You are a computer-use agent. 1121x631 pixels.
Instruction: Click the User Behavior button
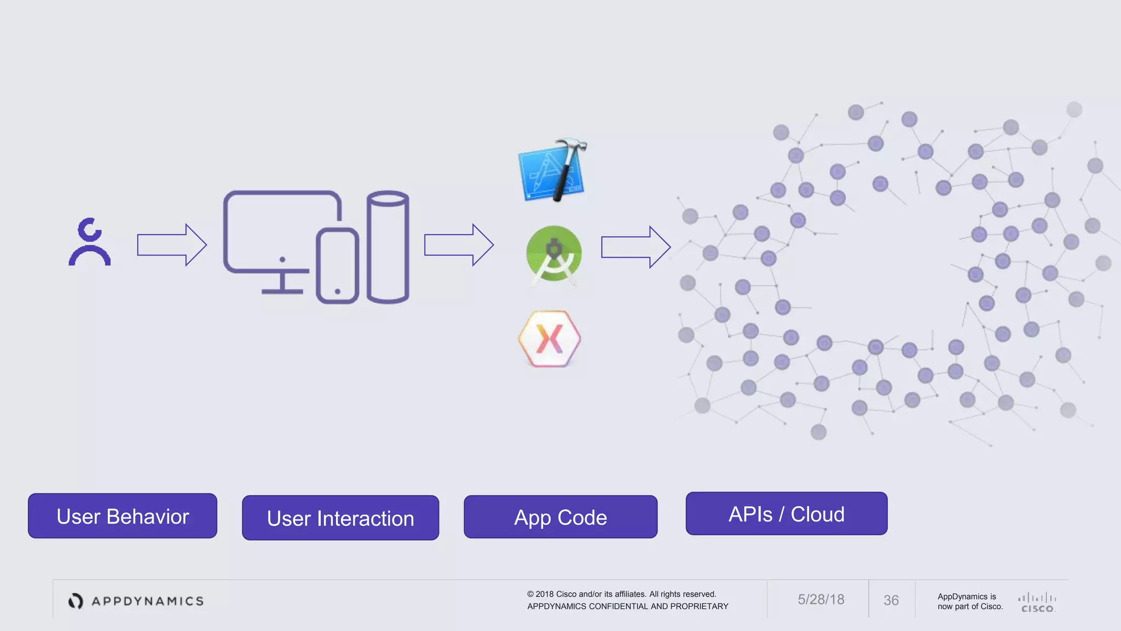[123, 516]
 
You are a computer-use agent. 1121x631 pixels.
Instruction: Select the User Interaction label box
[340, 518]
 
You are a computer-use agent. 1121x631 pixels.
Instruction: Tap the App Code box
[560, 517]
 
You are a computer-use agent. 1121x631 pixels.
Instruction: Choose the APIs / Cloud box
[787, 514]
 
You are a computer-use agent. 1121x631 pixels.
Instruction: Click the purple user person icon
[90, 242]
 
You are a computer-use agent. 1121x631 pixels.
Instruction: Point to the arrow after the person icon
[171, 245]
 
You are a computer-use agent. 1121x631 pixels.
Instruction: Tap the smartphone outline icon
[337, 266]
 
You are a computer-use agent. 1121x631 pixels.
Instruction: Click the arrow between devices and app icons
[459, 245]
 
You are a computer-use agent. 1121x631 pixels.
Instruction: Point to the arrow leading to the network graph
[635, 247]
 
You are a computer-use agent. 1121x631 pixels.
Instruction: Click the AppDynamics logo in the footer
[136, 601]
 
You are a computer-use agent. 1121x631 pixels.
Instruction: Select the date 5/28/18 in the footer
[820, 600]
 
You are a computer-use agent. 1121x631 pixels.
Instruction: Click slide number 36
[891, 600]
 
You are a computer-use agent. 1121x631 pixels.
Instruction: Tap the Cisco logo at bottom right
[1037, 603]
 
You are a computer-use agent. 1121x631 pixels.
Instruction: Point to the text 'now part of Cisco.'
[970, 606]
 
